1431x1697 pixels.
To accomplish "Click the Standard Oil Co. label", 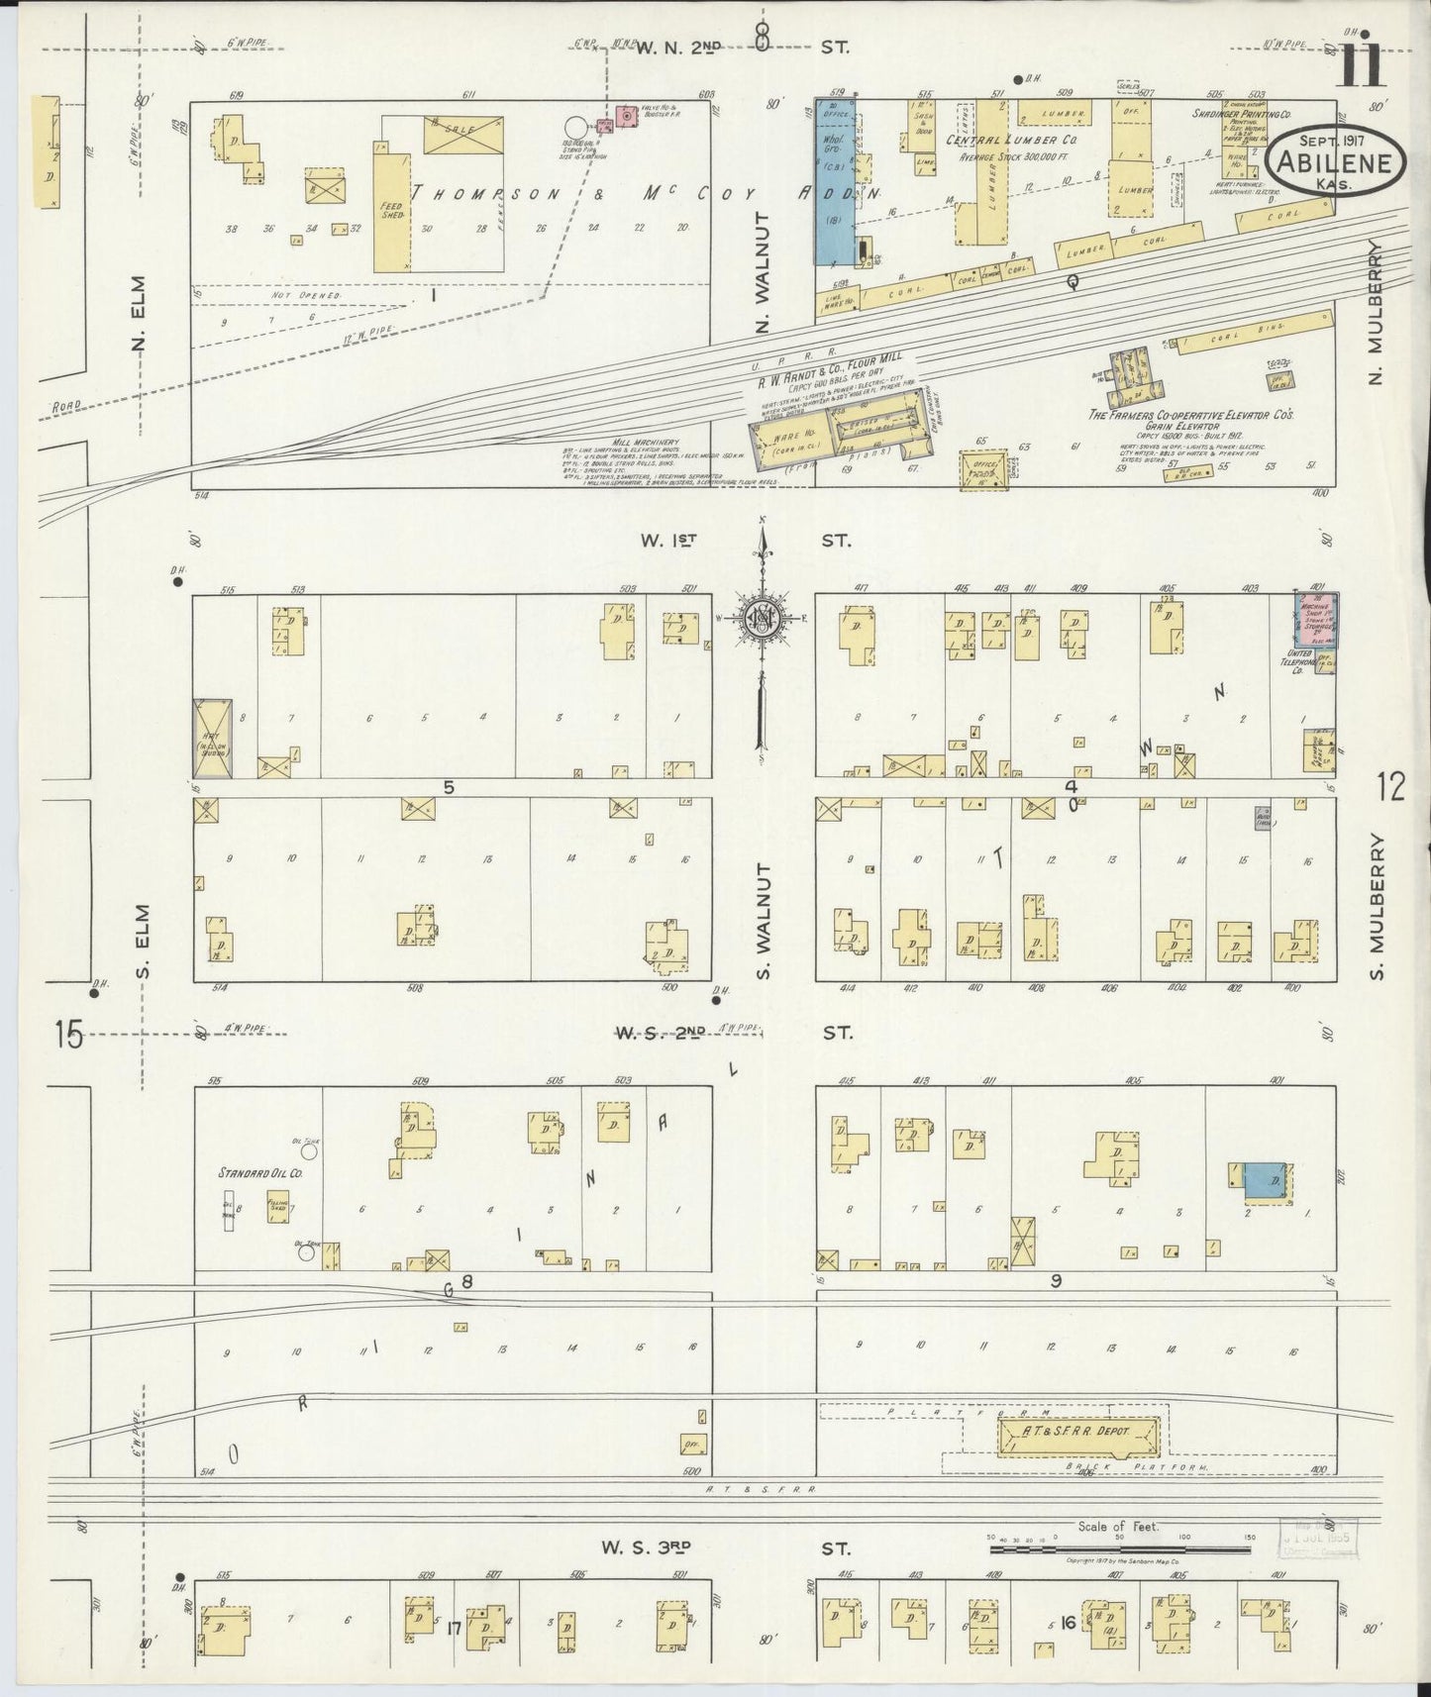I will pyautogui.click(x=260, y=1173).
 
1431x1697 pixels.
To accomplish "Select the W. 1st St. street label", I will pyautogui.click(x=745, y=541).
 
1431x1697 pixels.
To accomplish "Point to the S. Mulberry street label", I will pyautogui.click(x=1377, y=904).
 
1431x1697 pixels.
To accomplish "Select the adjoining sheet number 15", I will pyautogui.click(x=68, y=1036).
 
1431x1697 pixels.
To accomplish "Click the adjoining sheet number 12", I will pyautogui.click(x=1390, y=787).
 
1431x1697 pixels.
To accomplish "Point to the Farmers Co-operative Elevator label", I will pyautogui.click(x=1191, y=416).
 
